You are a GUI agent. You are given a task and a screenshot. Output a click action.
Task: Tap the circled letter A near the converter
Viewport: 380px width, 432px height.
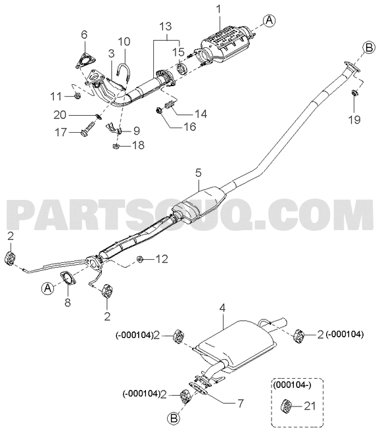pyautogui.click(x=269, y=20)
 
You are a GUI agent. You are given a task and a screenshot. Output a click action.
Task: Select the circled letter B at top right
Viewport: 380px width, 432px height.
pyautogui.click(x=369, y=47)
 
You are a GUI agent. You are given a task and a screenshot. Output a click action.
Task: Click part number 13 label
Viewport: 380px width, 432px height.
pyautogui.click(x=165, y=26)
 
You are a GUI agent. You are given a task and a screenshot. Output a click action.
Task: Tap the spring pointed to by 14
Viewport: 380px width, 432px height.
pyautogui.click(x=170, y=105)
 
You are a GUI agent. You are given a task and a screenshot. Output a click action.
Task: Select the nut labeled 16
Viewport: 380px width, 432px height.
pyautogui.click(x=158, y=110)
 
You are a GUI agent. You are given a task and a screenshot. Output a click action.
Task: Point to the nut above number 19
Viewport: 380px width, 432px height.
pyautogui.click(x=355, y=93)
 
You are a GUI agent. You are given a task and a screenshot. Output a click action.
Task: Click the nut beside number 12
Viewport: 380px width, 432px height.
pyautogui.click(x=140, y=259)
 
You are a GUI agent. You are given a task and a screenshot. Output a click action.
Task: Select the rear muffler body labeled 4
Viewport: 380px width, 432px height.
pyautogui.click(x=235, y=345)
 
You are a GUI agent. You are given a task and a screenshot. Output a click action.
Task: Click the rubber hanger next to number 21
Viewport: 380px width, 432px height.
pyautogui.click(x=286, y=406)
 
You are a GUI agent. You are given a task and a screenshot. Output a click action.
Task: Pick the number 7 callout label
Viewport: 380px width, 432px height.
pyautogui.click(x=240, y=403)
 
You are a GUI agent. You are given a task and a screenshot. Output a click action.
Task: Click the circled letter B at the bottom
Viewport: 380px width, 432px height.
pyautogui.click(x=174, y=419)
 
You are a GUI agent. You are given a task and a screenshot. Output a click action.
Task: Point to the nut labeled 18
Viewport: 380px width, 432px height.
pyautogui.click(x=116, y=146)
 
